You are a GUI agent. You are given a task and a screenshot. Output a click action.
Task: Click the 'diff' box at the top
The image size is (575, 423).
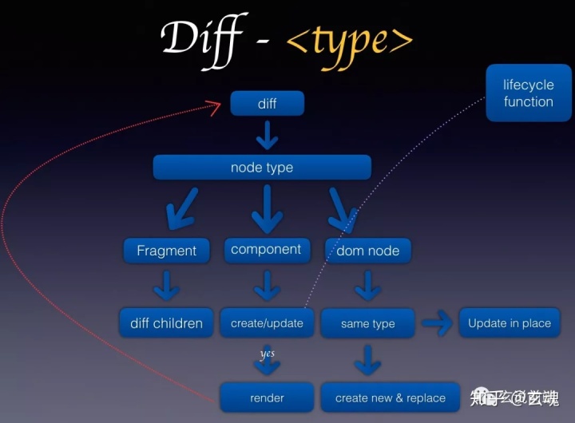[267, 104]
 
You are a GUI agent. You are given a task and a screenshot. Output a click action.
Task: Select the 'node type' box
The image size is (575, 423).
[262, 168]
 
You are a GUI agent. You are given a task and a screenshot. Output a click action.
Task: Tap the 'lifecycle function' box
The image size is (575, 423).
[528, 93]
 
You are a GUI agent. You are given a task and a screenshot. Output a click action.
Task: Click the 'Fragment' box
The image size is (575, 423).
[166, 251]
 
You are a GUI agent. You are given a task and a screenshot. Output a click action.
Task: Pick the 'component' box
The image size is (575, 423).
[266, 250]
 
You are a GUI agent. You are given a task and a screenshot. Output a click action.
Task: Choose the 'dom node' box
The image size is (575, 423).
[367, 251]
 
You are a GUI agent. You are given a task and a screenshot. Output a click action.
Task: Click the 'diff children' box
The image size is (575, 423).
[166, 323]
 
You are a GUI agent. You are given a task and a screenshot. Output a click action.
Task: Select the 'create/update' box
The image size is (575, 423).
[267, 323]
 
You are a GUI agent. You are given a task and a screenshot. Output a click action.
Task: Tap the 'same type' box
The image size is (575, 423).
[367, 323]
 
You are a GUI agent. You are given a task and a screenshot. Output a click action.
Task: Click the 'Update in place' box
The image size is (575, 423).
[510, 322]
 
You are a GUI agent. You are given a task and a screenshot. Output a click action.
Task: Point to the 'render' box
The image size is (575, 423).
[267, 397]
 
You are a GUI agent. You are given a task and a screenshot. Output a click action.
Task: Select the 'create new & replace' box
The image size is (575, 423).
[390, 397]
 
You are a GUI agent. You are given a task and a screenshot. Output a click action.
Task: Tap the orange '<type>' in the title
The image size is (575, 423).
[349, 38]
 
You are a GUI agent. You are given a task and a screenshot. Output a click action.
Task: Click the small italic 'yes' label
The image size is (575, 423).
[268, 354]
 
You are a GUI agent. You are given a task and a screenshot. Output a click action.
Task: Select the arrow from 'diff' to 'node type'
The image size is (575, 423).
[267, 136]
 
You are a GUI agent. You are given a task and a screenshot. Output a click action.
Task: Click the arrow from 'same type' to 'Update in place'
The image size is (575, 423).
[436, 323]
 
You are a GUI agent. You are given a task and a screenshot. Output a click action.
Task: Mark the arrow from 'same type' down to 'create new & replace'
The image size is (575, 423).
[367, 360]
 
